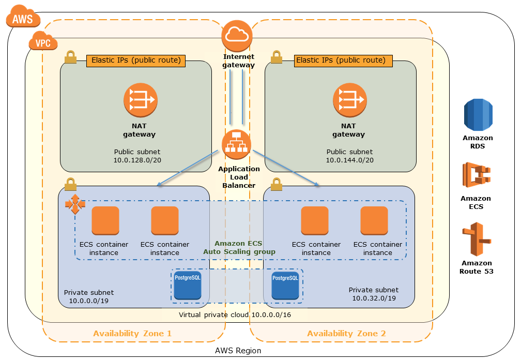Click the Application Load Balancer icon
point(237,144)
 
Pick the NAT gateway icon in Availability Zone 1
point(140,100)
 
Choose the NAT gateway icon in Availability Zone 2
point(349,100)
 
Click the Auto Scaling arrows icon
point(75,205)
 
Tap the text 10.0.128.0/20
point(136,160)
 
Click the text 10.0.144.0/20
point(349,160)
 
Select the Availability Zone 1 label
point(132,334)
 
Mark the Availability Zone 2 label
point(346,334)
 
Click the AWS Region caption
point(238,351)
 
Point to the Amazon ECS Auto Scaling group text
point(239,247)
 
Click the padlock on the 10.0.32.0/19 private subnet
point(277,184)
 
